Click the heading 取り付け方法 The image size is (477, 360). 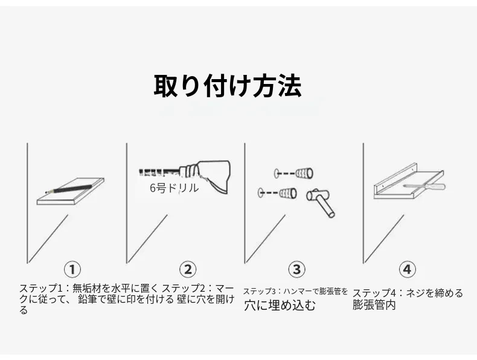point(228,86)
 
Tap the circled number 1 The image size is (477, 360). point(72,269)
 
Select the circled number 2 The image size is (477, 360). point(188,269)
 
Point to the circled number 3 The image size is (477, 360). point(296,269)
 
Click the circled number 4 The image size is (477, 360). point(407,269)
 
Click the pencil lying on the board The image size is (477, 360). point(69,189)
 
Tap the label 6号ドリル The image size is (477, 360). point(174,188)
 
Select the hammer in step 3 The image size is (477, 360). point(321,202)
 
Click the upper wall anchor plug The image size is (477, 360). point(304,173)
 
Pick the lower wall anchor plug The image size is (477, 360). point(288,193)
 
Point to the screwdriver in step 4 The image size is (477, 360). point(424,186)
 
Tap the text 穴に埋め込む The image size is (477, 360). point(280,305)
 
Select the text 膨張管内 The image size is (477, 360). point(374,304)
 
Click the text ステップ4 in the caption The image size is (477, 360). point(374,293)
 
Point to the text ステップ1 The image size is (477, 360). point(41,288)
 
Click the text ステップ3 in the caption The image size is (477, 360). point(260,291)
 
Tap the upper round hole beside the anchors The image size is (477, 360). point(278,173)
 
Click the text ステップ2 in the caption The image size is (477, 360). point(184,288)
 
